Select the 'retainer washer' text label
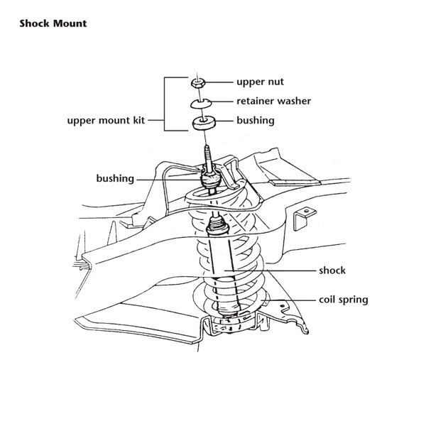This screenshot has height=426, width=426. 273,101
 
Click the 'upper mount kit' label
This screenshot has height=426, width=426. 106,121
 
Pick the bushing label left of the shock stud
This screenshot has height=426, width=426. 115,178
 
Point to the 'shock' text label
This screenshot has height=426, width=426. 331,271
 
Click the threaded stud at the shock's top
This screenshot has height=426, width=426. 207,155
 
